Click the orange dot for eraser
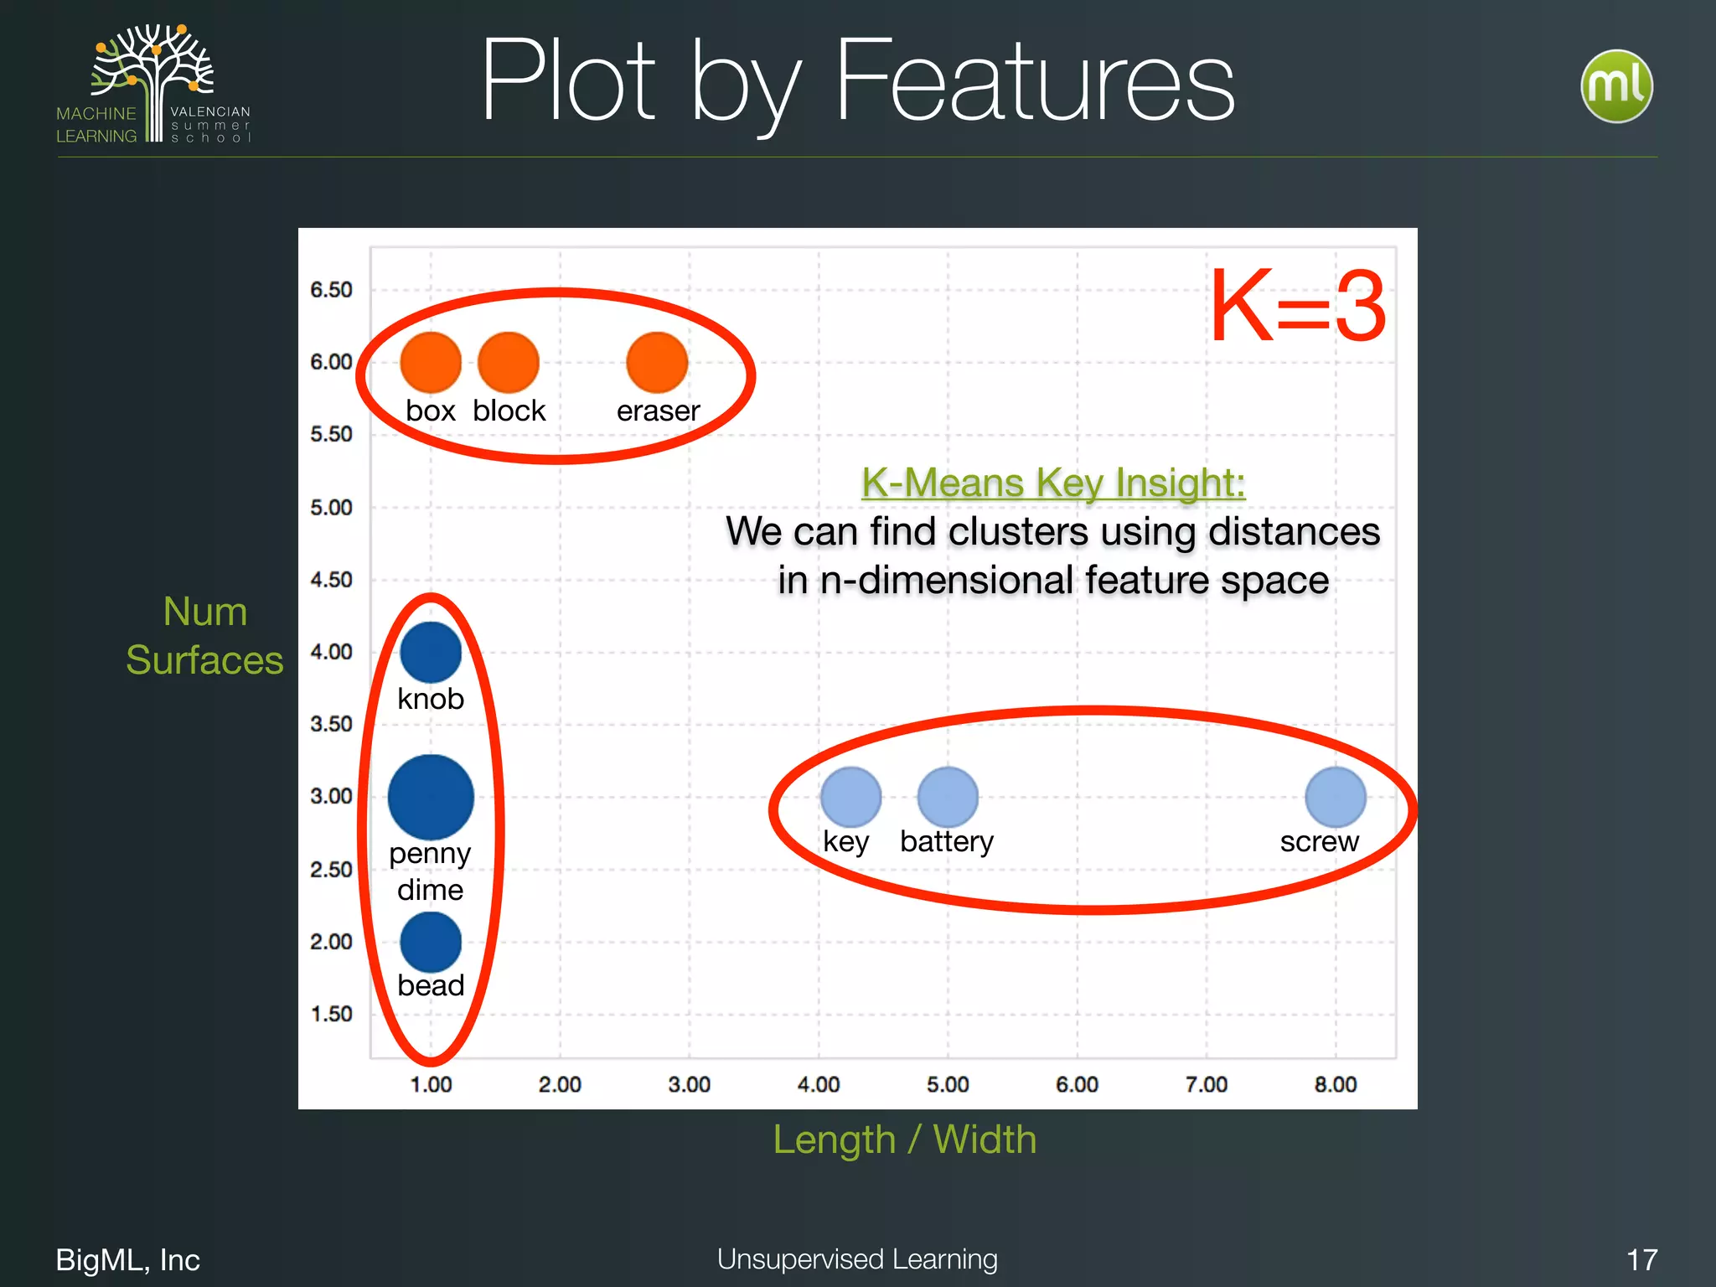(x=657, y=362)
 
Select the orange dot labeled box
(x=431, y=362)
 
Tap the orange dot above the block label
(x=509, y=362)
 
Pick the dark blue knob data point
(x=431, y=652)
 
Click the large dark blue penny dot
(x=431, y=797)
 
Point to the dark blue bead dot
(x=431, y=942)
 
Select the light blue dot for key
(x=850, y=797)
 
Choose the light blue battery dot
(x=948, y=797)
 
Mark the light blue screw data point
(x=1336, y=797)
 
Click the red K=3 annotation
(x=1298, y=307)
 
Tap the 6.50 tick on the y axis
(x=331, y=290)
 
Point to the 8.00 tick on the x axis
(x=1336, y=1084)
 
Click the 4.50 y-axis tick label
(x=331, y=580)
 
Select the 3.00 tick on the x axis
(x=689, y=1084)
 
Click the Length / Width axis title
(x=905, y=1140)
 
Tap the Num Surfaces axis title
(x=205, y=635)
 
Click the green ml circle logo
(x=1616, y=86)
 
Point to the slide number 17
(x=1641, y=1259)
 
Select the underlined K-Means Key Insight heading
(x=1053, y=483)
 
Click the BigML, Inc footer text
(x=128, y=1259)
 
